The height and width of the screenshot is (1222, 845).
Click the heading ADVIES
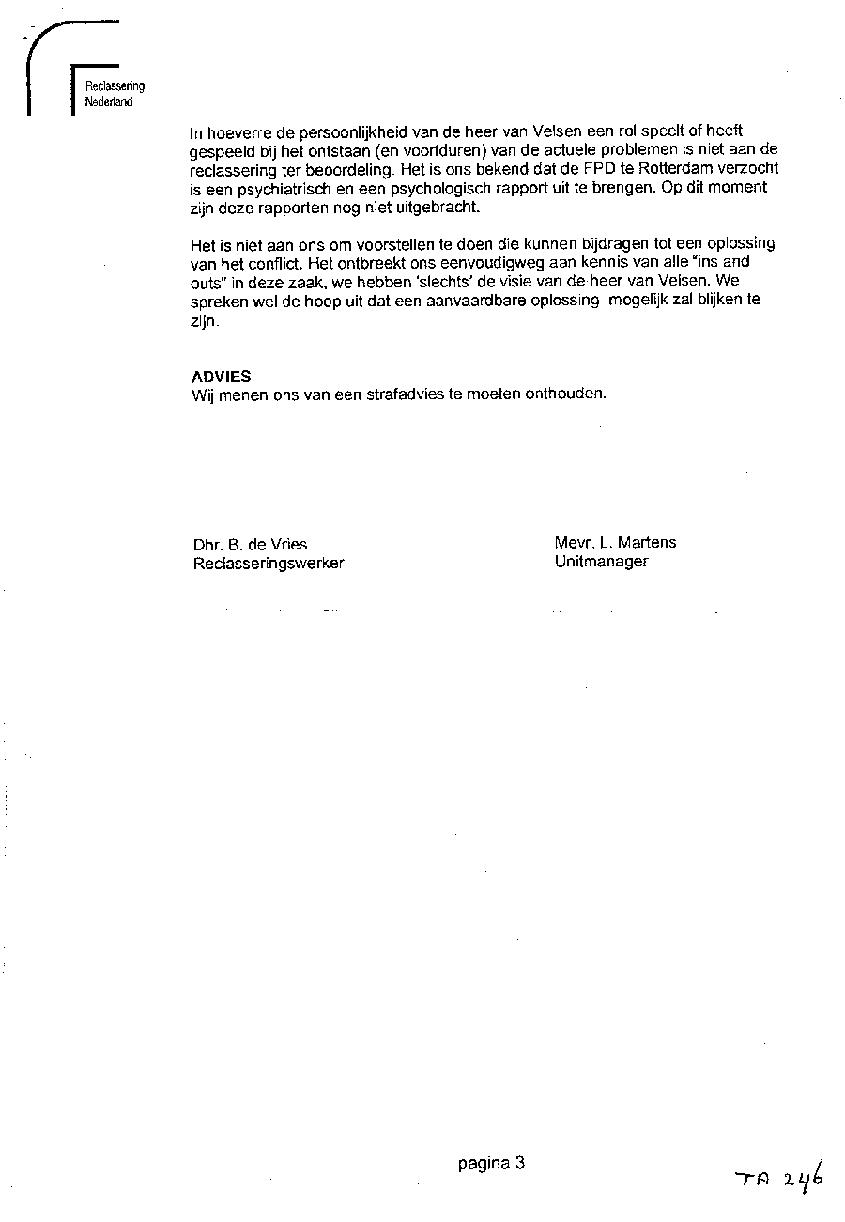point(221,377)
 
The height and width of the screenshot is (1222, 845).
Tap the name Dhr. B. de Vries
point(250,544)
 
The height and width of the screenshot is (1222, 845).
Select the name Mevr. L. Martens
point(615,542)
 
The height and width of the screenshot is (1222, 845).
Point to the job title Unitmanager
point(601,562)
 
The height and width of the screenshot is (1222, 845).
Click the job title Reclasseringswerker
point(269,564)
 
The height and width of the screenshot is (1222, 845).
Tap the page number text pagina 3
point(491,1164)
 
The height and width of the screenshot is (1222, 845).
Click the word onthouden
point(569,394)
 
